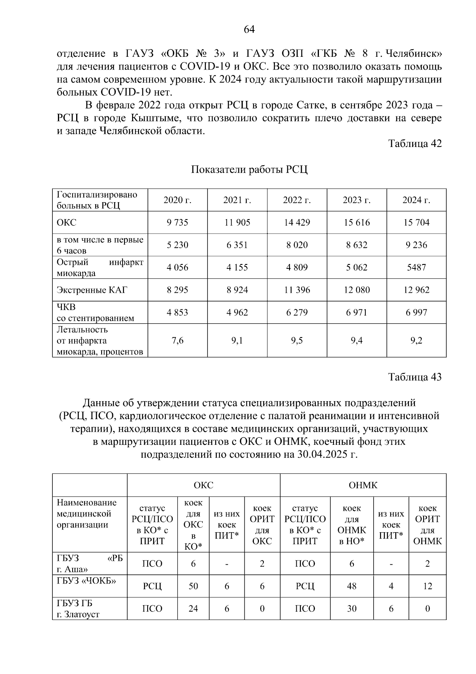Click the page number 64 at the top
click(249, 30)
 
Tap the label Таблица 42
click(415, 143)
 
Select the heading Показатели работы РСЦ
click(249, 170)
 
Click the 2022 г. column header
click(297, 200)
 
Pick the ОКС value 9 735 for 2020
click(177, 222)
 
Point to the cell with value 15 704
click(416, 222)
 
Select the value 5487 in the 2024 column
click(416, 267)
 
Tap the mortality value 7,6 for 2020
click(177, 341)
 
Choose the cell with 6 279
click(297, 313)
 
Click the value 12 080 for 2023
click(357, 290)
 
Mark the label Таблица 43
click(415, 377)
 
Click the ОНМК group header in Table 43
click(363, 485)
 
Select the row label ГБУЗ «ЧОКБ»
click(86, 581)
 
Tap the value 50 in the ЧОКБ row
click(193, 586)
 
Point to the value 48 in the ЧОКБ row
click(351, 586)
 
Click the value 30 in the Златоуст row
click(351, 609)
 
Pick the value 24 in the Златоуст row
click(193, 609)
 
